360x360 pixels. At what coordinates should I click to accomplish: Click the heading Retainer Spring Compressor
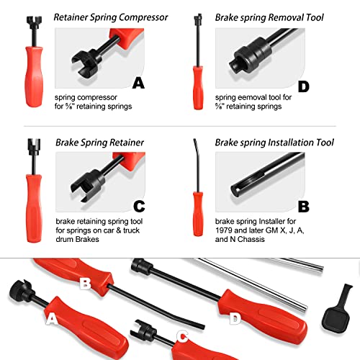(x=111, y=17)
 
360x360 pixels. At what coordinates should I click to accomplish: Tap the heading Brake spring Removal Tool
(x=269, y=17)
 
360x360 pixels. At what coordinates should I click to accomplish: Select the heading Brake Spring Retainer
(x=99, y=143)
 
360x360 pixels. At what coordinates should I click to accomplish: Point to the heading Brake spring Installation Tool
(x=274, y=143)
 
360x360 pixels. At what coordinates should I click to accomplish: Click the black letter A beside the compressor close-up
(x=138, y=83)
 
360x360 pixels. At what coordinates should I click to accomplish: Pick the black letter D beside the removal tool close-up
(x=304, y=86)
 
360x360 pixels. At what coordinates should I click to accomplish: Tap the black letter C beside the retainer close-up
(x=139, y=207)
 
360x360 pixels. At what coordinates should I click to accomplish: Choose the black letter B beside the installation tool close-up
(x=304, y=207)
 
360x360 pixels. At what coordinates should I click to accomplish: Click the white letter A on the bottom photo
(x=52, y=320)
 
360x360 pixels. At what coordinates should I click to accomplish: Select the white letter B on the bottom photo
(x=85, y=284)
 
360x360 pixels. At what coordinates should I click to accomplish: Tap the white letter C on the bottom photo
(x=182, y=336)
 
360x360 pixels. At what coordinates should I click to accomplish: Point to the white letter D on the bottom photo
(x=235, y=319)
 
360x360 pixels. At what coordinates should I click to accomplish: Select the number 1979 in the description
(x=224, y=230)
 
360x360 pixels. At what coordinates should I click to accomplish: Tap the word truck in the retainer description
(x=131, y=230)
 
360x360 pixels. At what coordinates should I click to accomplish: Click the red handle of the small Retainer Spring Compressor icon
(x=34, y=76)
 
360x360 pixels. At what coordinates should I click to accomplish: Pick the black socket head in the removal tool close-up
(x=250, y=57)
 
